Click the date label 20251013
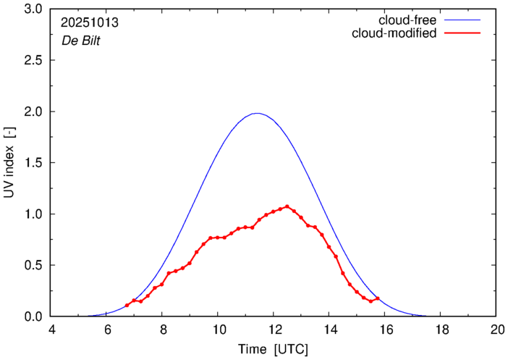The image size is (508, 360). (x=90, y=22)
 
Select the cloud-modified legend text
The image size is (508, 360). (x=394, y=33)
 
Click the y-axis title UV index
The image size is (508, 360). (x=9, y=164)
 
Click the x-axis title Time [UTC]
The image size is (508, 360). (x=273, y=350)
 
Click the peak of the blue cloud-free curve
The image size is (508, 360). (x=256, y=113)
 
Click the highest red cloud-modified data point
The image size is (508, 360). (x=287, y=206)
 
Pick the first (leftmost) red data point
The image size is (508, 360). (x=127, y=306)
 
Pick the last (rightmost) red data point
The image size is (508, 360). (x=378, y=298)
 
